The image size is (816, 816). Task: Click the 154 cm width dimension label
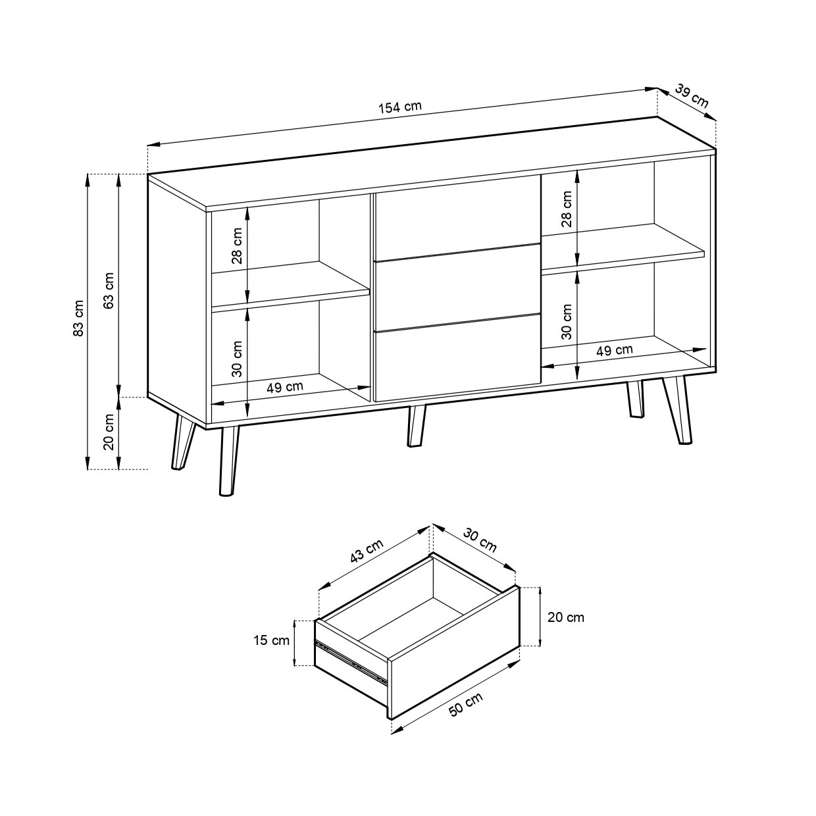pyautogui.click(x=399, y=107)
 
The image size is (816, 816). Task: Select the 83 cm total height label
pyautogui.click(x=78, y=318)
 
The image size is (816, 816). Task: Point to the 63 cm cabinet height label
pyautogui.click(x=109, y=290)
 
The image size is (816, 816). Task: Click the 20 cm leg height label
pyautogui.click(x=109, y=432)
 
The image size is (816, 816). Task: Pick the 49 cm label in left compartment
pyautogui.click(x=285, y=387)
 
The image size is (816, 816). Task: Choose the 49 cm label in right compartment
pyautogui.click(x=615, y=350)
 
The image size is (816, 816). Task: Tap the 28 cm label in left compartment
pyautogui.click(x=237, y=246)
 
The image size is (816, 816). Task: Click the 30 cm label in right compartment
pyautogui.click(x=567, y=322)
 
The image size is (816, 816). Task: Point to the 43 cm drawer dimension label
pyautogui.click(x=367, y=551)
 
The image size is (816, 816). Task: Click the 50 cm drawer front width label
pyautogui.click(x=466, y=704)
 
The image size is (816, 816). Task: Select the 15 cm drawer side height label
pyautogui.click(x=271, y=640)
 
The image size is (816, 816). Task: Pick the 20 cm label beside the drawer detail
pyautogui.click(x=566, y=617)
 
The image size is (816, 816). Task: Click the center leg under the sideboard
pyautogui.click(x=417, y=426)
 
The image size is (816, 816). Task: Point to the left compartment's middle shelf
pyautogui.click(x=290, y=284)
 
